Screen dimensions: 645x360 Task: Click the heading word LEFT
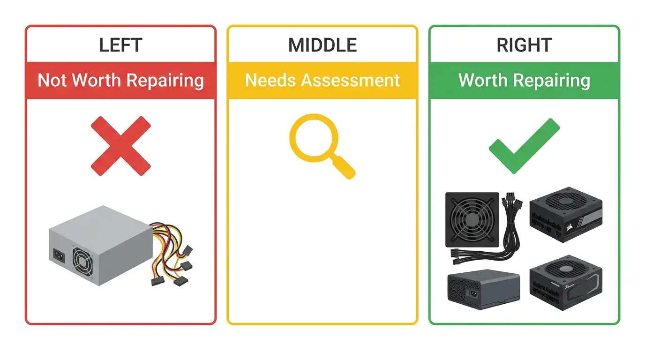(x=120, y=45)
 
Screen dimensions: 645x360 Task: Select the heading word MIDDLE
(x=322, y=45)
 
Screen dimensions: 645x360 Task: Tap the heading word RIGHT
(x=524, y=45)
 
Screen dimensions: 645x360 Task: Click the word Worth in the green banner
(x=483, y=80)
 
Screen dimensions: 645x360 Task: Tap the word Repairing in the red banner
(x=165, y=81)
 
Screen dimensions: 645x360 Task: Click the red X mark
(x=120, y=146)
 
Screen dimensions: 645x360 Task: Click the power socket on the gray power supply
(x=59, y=255)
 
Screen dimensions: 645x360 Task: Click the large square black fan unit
(x=472, y=220)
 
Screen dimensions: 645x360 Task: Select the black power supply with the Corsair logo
(x=566, y=215)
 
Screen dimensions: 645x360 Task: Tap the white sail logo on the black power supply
(x=569, y=227)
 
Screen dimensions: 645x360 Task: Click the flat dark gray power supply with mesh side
(x=484, y=289)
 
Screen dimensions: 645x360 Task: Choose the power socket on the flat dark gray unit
(x=473, y=294)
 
